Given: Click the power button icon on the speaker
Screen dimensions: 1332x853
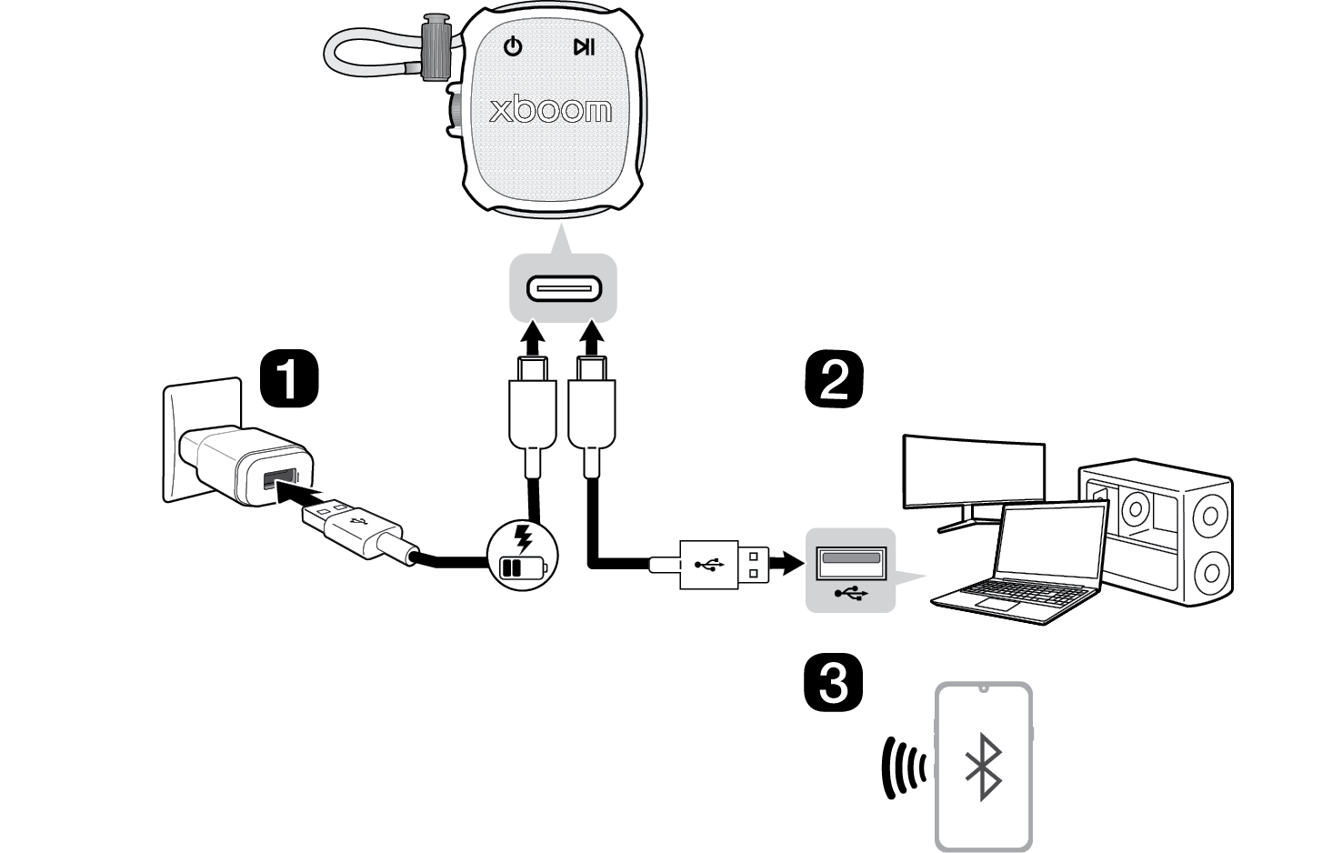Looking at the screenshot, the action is pyautogui.click(x=513, y=46).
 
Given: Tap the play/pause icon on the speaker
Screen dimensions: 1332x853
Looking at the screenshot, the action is pyautogui.click(x=584, y=46).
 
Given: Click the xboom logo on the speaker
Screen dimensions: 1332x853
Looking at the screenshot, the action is pyautogui.click(x=550, y=110).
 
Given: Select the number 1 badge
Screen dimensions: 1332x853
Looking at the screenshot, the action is pyautogui.click(x=290, y=378).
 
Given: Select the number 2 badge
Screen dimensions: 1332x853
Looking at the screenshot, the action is pyautogui.click(x=834, y=379).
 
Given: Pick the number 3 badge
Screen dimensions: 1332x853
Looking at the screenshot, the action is pyautogui.click(x=833, y=682).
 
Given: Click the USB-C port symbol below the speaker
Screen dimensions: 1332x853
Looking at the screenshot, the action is pyautogui.click(x=564, y=289).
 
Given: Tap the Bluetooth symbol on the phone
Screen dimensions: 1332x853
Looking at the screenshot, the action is pyautogui.click(x=984, y=767).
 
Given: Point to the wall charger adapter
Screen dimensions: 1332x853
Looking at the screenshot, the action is pyautogui.click(x=246, y=466).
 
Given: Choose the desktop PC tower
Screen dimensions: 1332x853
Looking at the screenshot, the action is pyautogui.click(x=1157, y=532).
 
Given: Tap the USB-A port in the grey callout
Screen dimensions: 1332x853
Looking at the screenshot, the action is pyautogui.click(x=851, y=563).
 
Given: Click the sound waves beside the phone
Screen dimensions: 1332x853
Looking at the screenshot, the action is pyautogui.click(x=903, y=768).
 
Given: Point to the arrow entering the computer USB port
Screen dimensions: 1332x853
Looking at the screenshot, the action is pyautogui.click(x=787, y=563).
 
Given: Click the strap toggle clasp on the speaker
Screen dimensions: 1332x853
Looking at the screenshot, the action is pyautogui.click(x=436, y=47).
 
